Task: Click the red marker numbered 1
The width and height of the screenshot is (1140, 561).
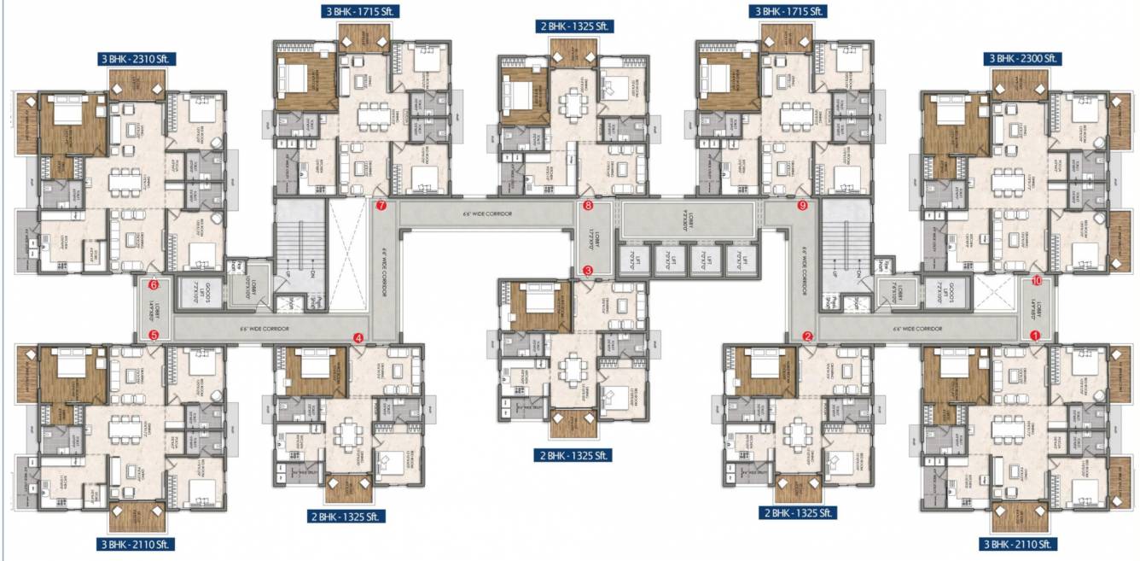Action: [1036, 336]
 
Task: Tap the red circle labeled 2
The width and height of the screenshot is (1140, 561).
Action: [807, 336]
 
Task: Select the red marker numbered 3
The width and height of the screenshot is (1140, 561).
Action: [588, 271]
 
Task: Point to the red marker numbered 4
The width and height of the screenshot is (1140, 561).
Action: [358, 338]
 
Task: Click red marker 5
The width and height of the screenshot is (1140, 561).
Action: [154, 336]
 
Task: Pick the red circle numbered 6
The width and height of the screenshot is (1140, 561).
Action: [154, 285]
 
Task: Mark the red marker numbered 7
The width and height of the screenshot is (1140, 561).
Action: [381, 206]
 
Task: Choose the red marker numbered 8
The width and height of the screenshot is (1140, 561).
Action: [588, 206]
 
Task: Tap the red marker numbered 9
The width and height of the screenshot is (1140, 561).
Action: [802, 206]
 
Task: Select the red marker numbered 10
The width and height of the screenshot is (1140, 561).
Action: [1036, 280]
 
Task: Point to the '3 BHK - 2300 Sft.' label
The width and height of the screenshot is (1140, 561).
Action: [1021, 59]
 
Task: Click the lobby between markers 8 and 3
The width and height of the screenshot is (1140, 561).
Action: [588, 239]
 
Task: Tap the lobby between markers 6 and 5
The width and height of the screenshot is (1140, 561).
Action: [154, 310]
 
